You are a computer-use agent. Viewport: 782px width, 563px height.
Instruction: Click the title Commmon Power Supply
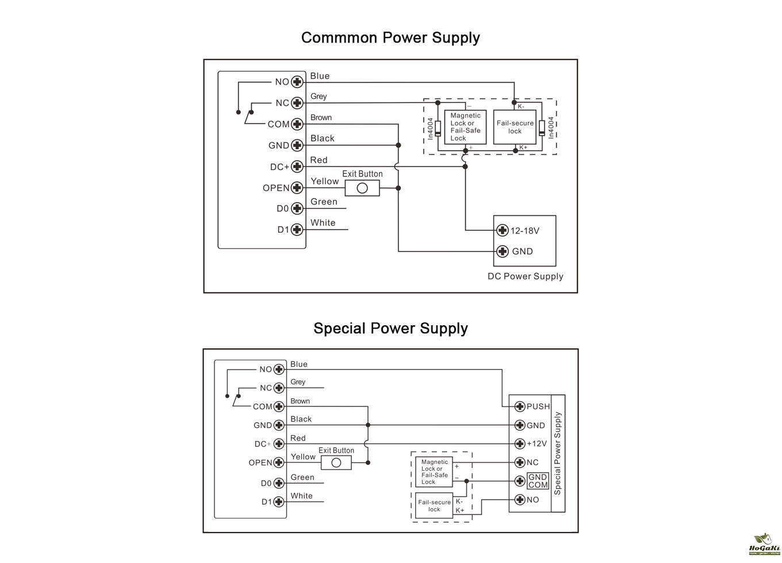pyautogui.click(x=390, y=38)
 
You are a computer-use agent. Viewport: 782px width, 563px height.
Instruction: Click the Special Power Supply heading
pyautogui.click(x=390, y=329)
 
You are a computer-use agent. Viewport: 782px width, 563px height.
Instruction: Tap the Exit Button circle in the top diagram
pyautogui.click(x=362, y=188)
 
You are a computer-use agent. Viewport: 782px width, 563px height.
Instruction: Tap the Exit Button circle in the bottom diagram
pyautogui.click(x=336, y=463)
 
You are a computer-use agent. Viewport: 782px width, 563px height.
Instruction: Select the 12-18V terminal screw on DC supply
pyautogui.click(x=503, y=231)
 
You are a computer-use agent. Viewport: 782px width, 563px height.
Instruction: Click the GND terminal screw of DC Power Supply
pyautogui.click(x=503, y=252)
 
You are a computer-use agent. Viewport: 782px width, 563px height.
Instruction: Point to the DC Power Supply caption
pyautogui.click(x=525, y=276)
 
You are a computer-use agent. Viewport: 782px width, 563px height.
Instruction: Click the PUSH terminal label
pyautogui.click(x=538, y=406)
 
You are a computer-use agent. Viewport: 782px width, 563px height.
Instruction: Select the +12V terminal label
pyautogui.click(x=536, y=444)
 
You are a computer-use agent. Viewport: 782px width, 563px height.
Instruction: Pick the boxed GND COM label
pyautogui.click(x=538, y=481)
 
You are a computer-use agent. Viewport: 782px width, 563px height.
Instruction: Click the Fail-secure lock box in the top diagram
pyautogui.click(x=515, y=127)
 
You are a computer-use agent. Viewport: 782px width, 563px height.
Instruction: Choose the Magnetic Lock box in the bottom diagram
pyautogui.click(x=434, y=472)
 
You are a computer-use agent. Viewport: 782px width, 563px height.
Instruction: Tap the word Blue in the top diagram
pyautogui.click(x=320, y=76)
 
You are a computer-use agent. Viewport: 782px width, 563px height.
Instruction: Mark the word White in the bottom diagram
pyautogui.click(x=301, y=496)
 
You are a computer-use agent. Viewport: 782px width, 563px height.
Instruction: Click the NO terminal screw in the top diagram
pyautogui.click(x=297, y=82)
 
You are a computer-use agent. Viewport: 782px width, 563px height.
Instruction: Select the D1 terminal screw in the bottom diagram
pyautogui.click(x=279, y=502)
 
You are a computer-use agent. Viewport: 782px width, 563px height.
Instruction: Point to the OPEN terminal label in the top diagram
pyautogui.click(x=276, y=188)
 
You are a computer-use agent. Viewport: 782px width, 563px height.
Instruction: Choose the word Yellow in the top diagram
pyautogui.click(x=324, y=181)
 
